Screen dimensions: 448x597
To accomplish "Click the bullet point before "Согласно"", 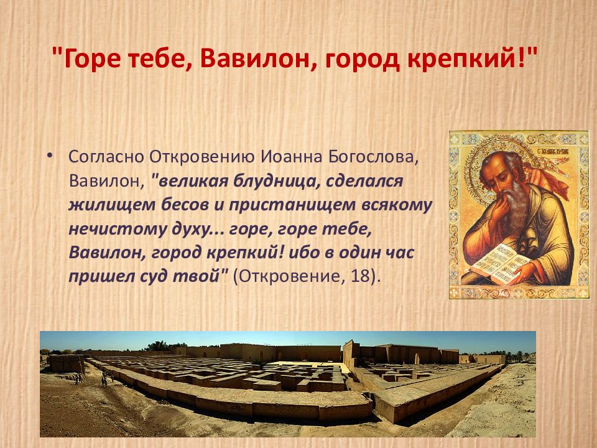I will (50, 154).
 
